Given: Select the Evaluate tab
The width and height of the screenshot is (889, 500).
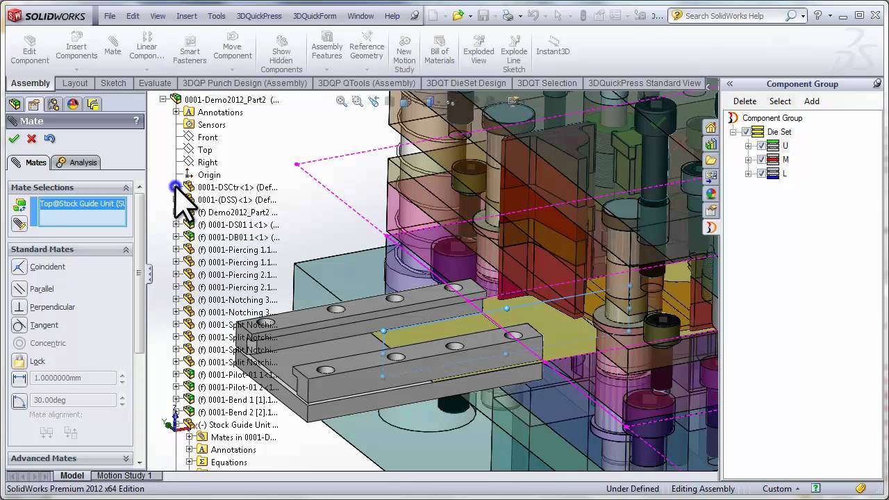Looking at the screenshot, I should pos(155,83).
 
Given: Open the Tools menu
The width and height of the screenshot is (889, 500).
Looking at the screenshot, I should pos(216,16).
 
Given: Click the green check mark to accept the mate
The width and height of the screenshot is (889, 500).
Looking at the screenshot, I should pos(14,139).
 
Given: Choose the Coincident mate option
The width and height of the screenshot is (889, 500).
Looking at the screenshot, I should pos(47,267).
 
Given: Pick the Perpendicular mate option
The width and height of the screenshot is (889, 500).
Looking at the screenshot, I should pos(52,307).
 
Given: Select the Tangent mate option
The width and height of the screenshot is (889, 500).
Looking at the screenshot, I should pos(44,325).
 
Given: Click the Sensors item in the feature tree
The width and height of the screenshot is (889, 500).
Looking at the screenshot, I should pos(211,125).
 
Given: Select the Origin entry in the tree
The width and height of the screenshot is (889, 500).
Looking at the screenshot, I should pos(208,175).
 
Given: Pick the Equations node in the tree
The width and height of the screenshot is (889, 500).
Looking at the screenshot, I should pos(229,462).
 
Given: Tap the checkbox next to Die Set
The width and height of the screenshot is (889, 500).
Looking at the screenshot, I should pos(747,132).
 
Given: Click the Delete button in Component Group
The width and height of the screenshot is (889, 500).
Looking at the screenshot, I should pos(745,101).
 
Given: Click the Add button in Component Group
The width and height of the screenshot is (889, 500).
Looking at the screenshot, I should pos(811,101).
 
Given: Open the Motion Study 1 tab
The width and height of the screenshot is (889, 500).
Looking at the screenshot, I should pos(124,476).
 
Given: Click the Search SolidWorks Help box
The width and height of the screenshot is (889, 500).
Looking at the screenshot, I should pos(733,16).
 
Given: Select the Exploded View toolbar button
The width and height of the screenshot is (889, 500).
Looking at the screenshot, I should pos(479,51).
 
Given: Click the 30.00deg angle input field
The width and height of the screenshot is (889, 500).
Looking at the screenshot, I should pos(73,400).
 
